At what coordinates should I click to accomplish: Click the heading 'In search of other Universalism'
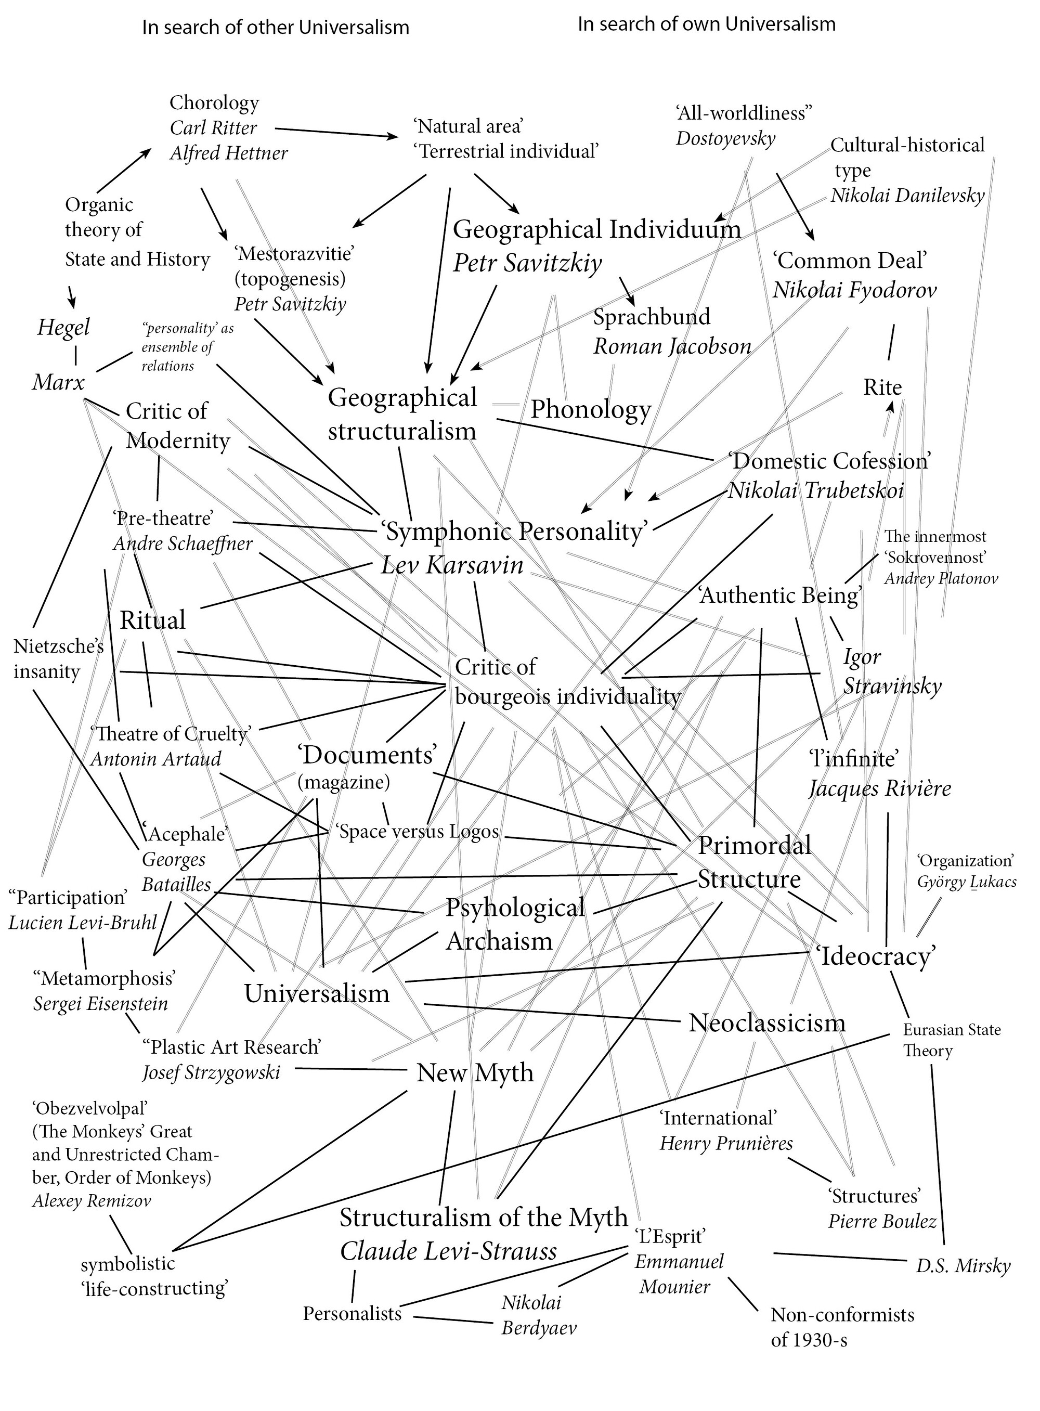point(275,28)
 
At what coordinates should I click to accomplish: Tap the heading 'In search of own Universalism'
point(706,24)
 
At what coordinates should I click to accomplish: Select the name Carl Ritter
point(213,128)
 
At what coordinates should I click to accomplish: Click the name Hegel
point(63,328)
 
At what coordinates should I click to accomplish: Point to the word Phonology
point(591,410)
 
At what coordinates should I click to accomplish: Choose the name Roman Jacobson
point(672,346)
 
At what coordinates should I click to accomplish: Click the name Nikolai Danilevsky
point(907,196)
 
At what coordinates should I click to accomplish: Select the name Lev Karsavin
point(452,565)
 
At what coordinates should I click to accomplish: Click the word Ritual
point(152,620)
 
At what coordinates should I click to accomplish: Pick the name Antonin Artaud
point(155,758)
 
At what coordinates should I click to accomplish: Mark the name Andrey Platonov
point(941,579)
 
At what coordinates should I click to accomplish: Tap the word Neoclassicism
point(767,1022)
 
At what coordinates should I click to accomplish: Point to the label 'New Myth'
point(475,1072)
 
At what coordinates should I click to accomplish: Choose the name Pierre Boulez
point(882,1222)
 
